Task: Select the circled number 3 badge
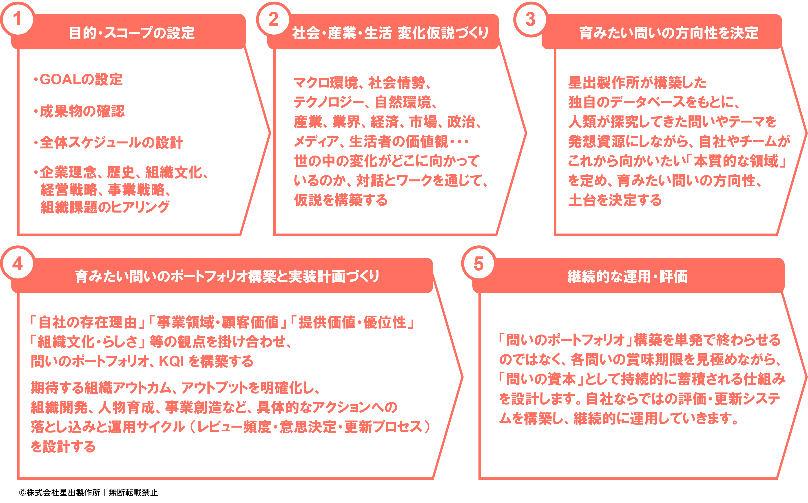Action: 530,19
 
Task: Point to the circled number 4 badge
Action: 17,263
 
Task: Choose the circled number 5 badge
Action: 478,263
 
